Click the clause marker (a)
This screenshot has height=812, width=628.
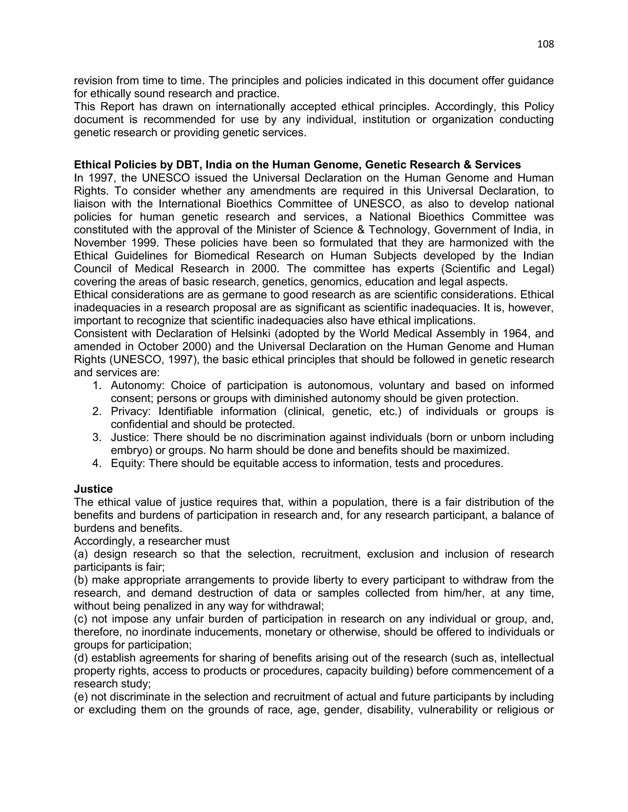[81, 554]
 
